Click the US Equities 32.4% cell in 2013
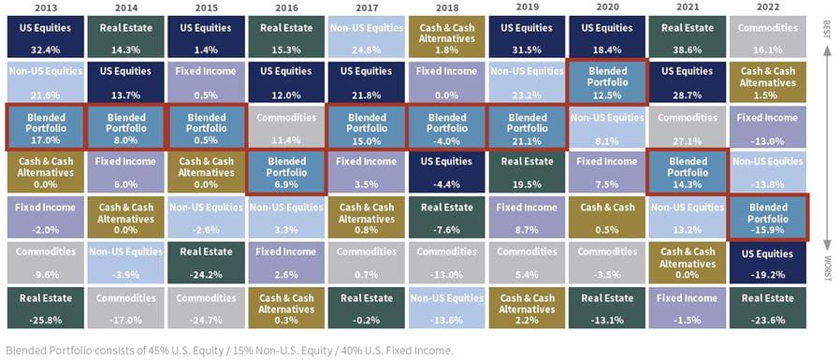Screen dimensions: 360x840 (x=43, y=35)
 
